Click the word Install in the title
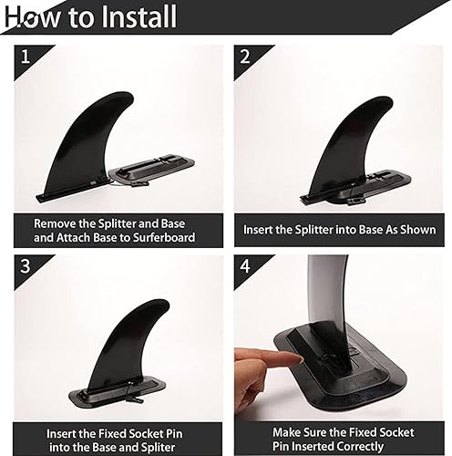130,17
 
